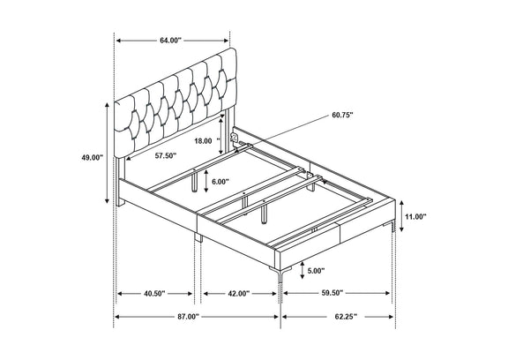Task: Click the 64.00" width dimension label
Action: (171, 41)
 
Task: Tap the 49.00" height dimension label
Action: (92, 158)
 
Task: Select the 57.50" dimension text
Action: (166, 155)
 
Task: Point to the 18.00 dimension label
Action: (204, 141)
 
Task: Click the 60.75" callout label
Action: (342, 115)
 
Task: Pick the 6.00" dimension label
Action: (220, 182)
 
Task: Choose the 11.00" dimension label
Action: (415, 217)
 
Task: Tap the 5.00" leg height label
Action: (316, 271)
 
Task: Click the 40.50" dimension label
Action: (154, 294)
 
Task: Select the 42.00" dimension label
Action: (239, 294)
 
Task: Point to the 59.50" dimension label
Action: (332, 293)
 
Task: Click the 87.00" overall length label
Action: (188, 317)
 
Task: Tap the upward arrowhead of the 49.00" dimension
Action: (108, 104)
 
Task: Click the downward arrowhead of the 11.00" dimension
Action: (402, 229)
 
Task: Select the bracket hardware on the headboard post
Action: (234, 137)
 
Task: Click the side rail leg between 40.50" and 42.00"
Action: (198, 237)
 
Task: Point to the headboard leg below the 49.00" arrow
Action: (120, 182)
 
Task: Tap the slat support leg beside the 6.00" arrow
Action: (194, 182)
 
